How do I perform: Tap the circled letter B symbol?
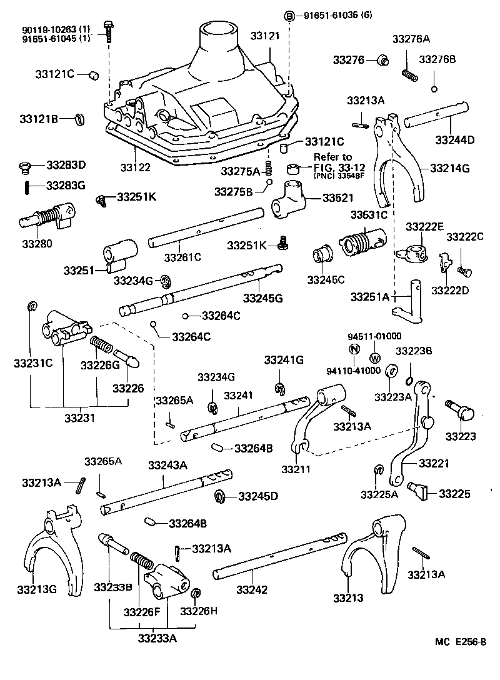tap(289, 16)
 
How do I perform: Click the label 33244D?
tap(454, 139)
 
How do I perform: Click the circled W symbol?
tap(375, 358)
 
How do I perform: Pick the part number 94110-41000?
tap(353, 370)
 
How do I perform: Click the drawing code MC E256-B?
tap(461, 641)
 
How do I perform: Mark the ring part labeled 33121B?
tap(79, 119)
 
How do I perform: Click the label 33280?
tap(37, 244)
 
